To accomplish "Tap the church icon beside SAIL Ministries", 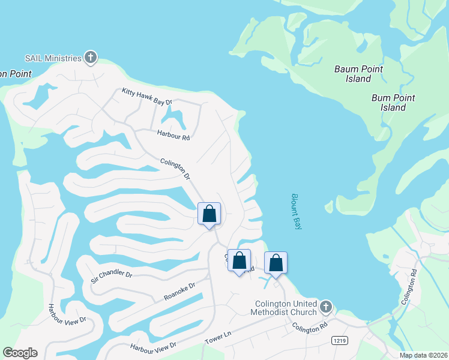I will tap(91, 58).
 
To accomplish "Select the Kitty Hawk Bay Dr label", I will tap(147, 97).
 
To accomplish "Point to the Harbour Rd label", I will tap(173, 136).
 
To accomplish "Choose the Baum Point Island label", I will tap(358, 74).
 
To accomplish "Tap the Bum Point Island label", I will tap(393, 103).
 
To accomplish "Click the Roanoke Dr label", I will tap(179, 292).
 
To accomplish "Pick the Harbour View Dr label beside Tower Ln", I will tap(154, 347).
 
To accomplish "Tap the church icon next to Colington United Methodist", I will tap(325, 307).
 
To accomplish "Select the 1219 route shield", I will tap(339, 340).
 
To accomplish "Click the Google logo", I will tap(20, 353).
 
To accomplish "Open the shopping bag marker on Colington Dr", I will tap(209, 214).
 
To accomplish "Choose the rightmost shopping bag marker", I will tap(276, 263).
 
